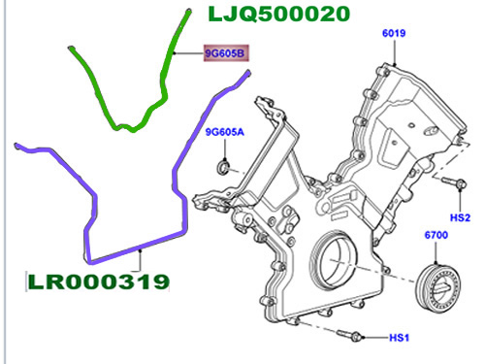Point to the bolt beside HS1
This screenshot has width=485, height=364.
click(x=354, y=336)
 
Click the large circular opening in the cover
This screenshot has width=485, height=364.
click(x=336, y=263)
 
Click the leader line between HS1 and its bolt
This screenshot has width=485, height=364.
click(x=376, y=337)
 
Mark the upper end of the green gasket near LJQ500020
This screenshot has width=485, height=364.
click(x=186, y=10)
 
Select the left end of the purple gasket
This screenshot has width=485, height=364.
click(x=18, y=146)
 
